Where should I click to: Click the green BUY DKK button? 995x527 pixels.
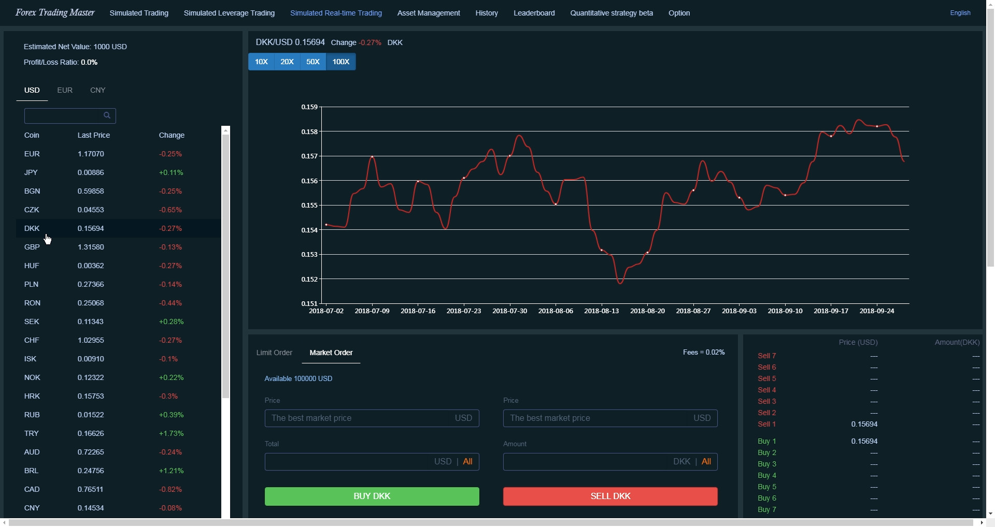[372, 496]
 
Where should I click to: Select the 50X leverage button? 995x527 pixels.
[313, 62]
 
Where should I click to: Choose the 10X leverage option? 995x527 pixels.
[261, 62]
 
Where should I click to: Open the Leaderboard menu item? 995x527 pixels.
[534, 13]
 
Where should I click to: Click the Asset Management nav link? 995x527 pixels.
[428, 13]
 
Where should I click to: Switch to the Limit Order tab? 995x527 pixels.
[274, 353]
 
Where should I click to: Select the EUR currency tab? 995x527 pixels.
[65, 90]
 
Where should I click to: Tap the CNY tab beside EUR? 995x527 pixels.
[97, 90]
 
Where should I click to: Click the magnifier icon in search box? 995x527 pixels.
[107, 115]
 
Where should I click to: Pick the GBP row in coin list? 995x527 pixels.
[32, 247]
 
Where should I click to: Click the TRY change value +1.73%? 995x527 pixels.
[171, 433]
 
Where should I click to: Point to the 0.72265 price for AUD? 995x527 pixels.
[91, 452]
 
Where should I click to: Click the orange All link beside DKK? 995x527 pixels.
[706, 461]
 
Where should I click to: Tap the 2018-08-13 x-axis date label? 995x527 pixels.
[601, 311]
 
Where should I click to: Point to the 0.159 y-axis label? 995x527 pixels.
[309, 107]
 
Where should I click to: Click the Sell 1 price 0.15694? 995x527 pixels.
[864, 424]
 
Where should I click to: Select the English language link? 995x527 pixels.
[960, 13]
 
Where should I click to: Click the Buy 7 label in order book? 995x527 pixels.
[766, 509]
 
